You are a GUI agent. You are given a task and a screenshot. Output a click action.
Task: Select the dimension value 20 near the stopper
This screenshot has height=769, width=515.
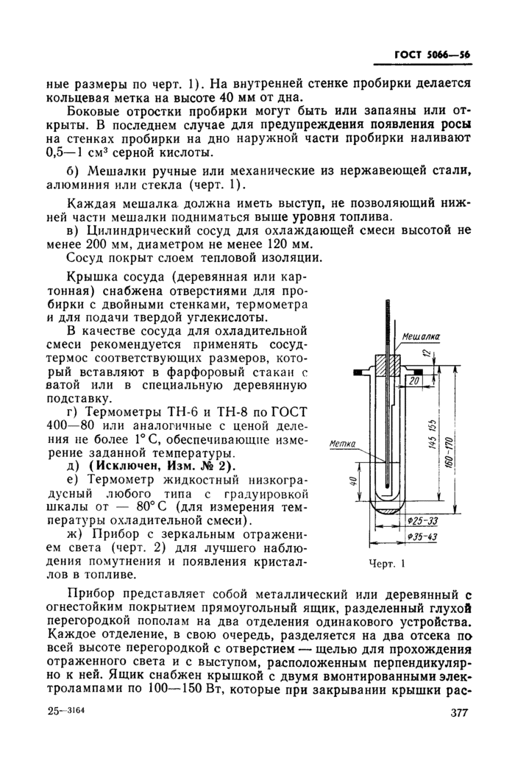[x=414, y=381]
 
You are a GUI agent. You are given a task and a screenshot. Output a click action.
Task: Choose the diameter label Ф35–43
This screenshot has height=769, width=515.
[x=422, y=538]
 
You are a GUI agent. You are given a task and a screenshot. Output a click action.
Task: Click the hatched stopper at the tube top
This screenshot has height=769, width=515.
[x=388, y=366]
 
